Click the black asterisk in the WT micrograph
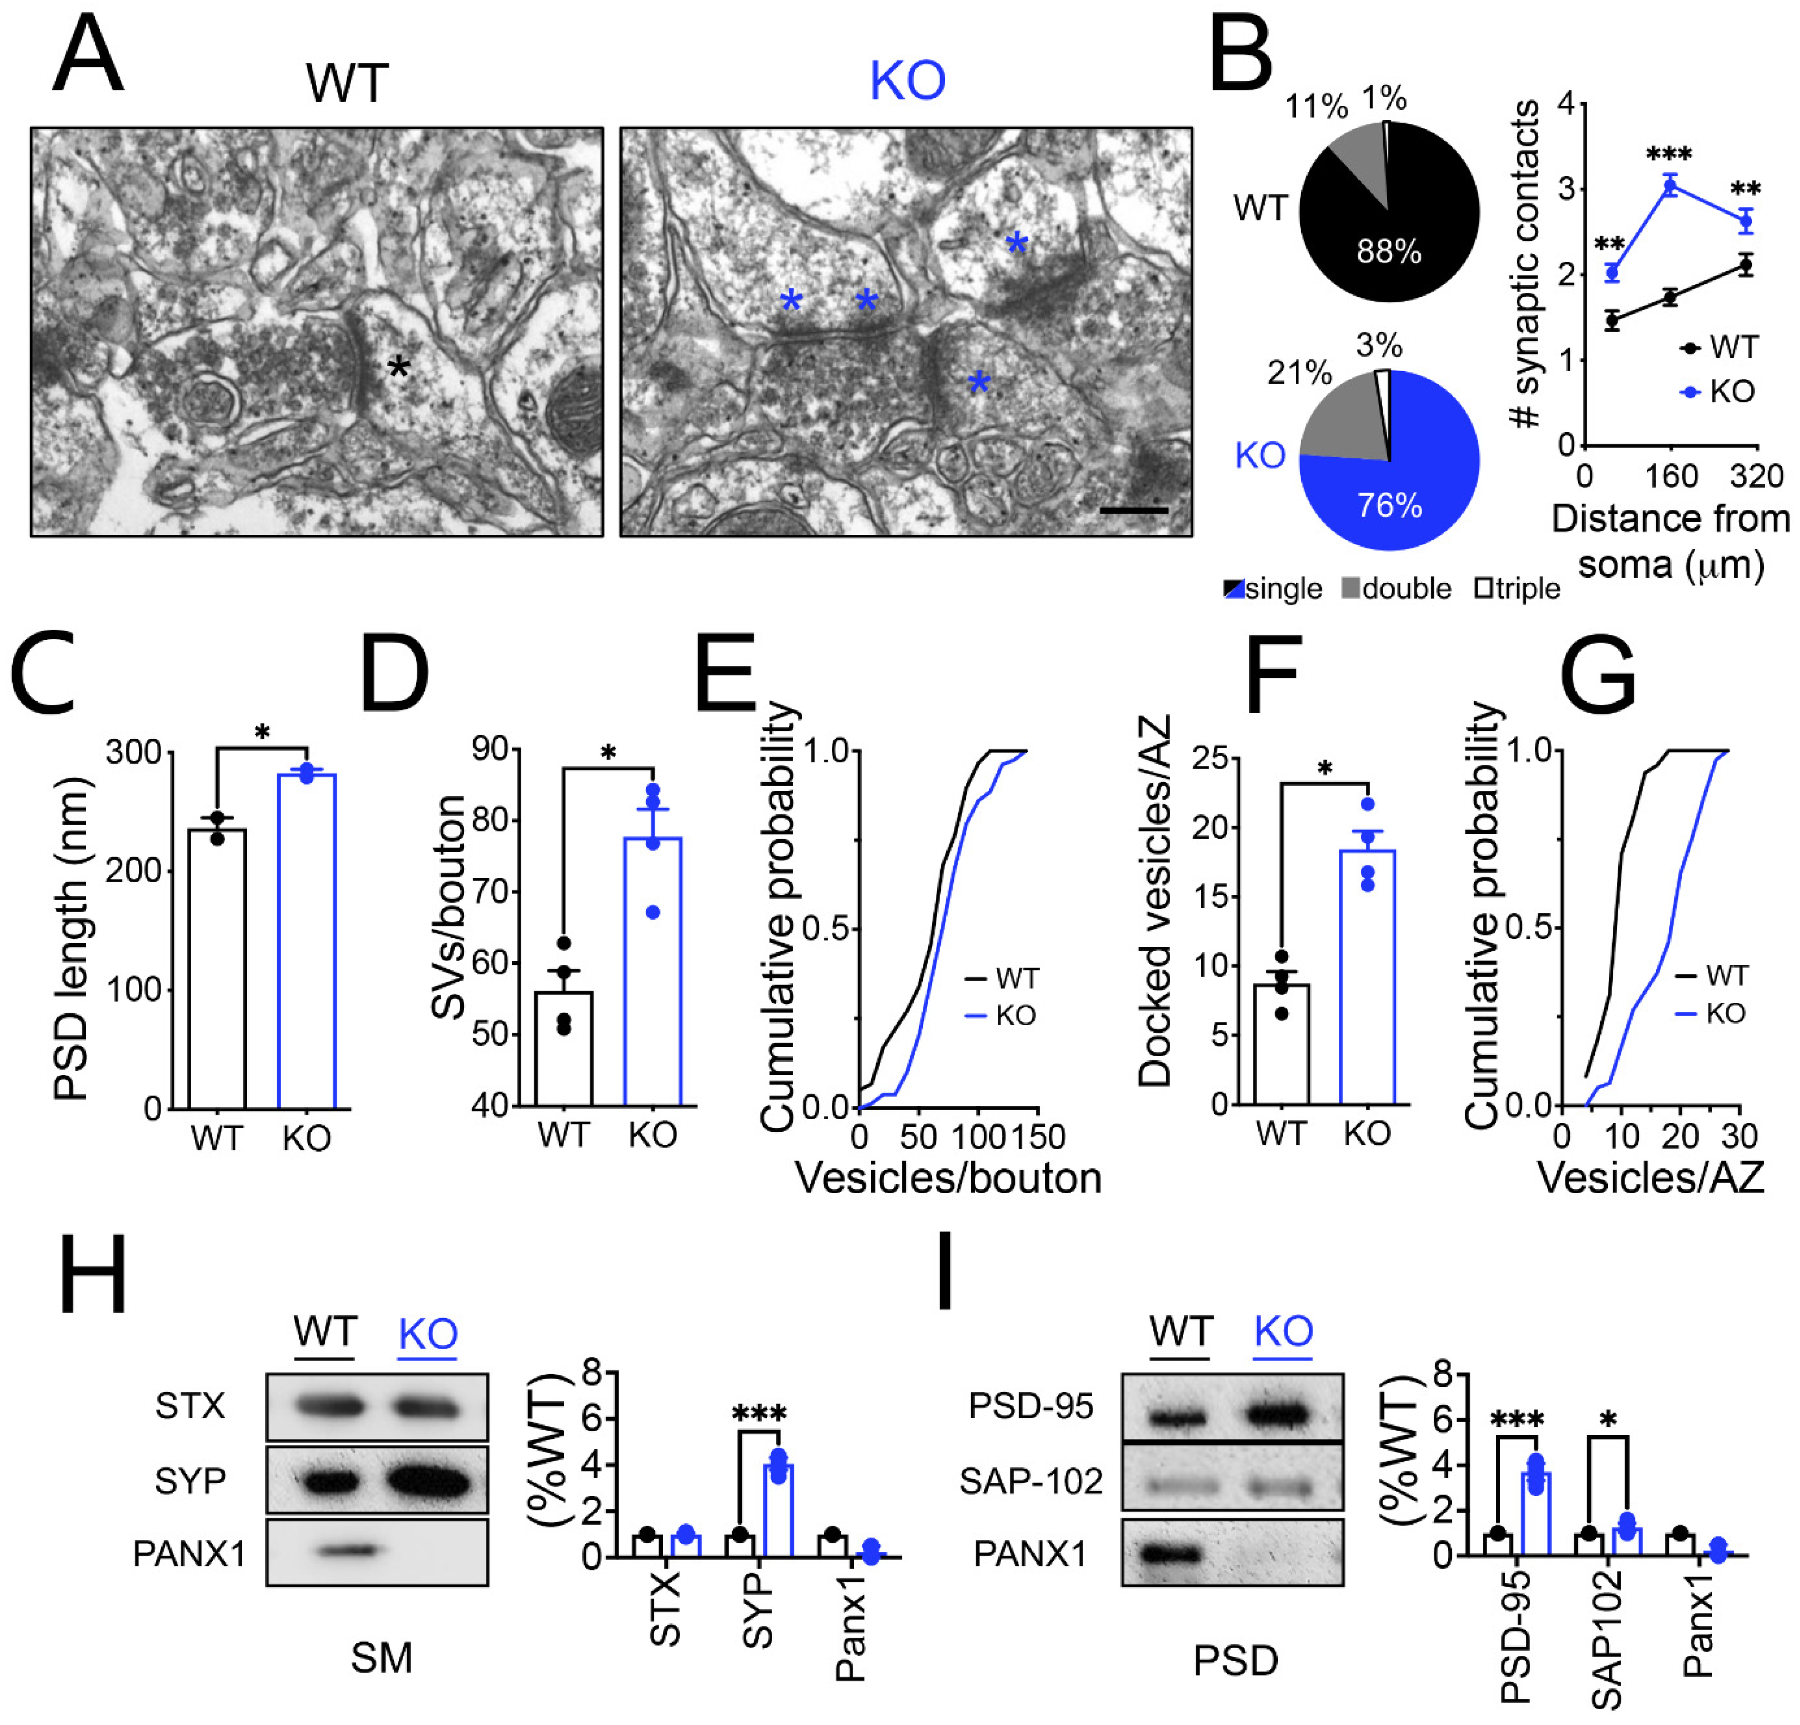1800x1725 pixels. pyautogui.click(x=398, y=369)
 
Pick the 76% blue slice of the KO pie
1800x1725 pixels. pyautogui.click(x=1396, y=496)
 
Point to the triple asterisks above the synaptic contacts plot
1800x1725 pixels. pyautogui.click(x=1670, y=154)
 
